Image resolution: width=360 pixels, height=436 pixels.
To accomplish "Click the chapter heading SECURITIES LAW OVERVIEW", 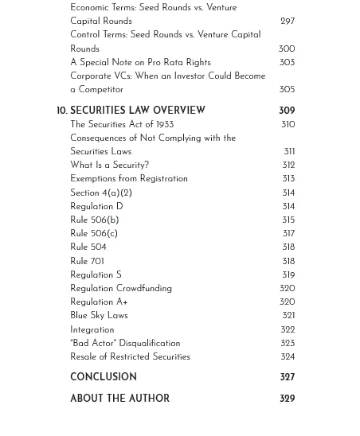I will tap(137, 111).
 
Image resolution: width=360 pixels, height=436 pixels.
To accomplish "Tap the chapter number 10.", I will tap(61, 111).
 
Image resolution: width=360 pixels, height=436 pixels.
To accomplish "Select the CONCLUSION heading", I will tap(103, 377).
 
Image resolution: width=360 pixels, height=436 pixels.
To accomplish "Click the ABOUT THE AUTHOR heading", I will tap(119, 399).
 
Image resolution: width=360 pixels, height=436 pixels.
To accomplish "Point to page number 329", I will tap(287, 399).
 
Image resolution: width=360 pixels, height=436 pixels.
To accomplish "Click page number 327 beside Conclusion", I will tap(287, 377).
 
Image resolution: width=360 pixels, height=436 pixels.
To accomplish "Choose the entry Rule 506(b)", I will tap(94, 220).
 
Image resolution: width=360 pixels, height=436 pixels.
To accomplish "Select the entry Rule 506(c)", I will tap(93, 234).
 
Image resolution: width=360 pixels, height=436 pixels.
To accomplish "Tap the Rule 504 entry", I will tap(88, 247).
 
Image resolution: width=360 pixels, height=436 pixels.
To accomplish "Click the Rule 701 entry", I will tap(87, 261).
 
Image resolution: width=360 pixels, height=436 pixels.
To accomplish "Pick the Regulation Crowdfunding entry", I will tap(120, 289).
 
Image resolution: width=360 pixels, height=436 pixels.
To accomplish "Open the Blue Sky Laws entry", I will tap(99, 316).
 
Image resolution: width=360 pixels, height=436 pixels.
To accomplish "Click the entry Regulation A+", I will tap(99, 302).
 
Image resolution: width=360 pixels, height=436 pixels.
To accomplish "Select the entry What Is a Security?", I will tap(109, 165).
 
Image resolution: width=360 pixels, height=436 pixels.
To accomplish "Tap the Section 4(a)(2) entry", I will tap(100, 193).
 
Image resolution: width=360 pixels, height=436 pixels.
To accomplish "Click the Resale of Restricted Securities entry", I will tap(130, 357).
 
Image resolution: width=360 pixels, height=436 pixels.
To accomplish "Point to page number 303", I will tap(287, 63).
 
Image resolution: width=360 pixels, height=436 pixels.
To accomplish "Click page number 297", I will tap(288, 21).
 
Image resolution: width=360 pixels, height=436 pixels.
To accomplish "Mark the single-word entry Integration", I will tap(92, 330).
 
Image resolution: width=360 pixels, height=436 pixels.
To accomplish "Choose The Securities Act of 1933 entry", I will tap(121, 125).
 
